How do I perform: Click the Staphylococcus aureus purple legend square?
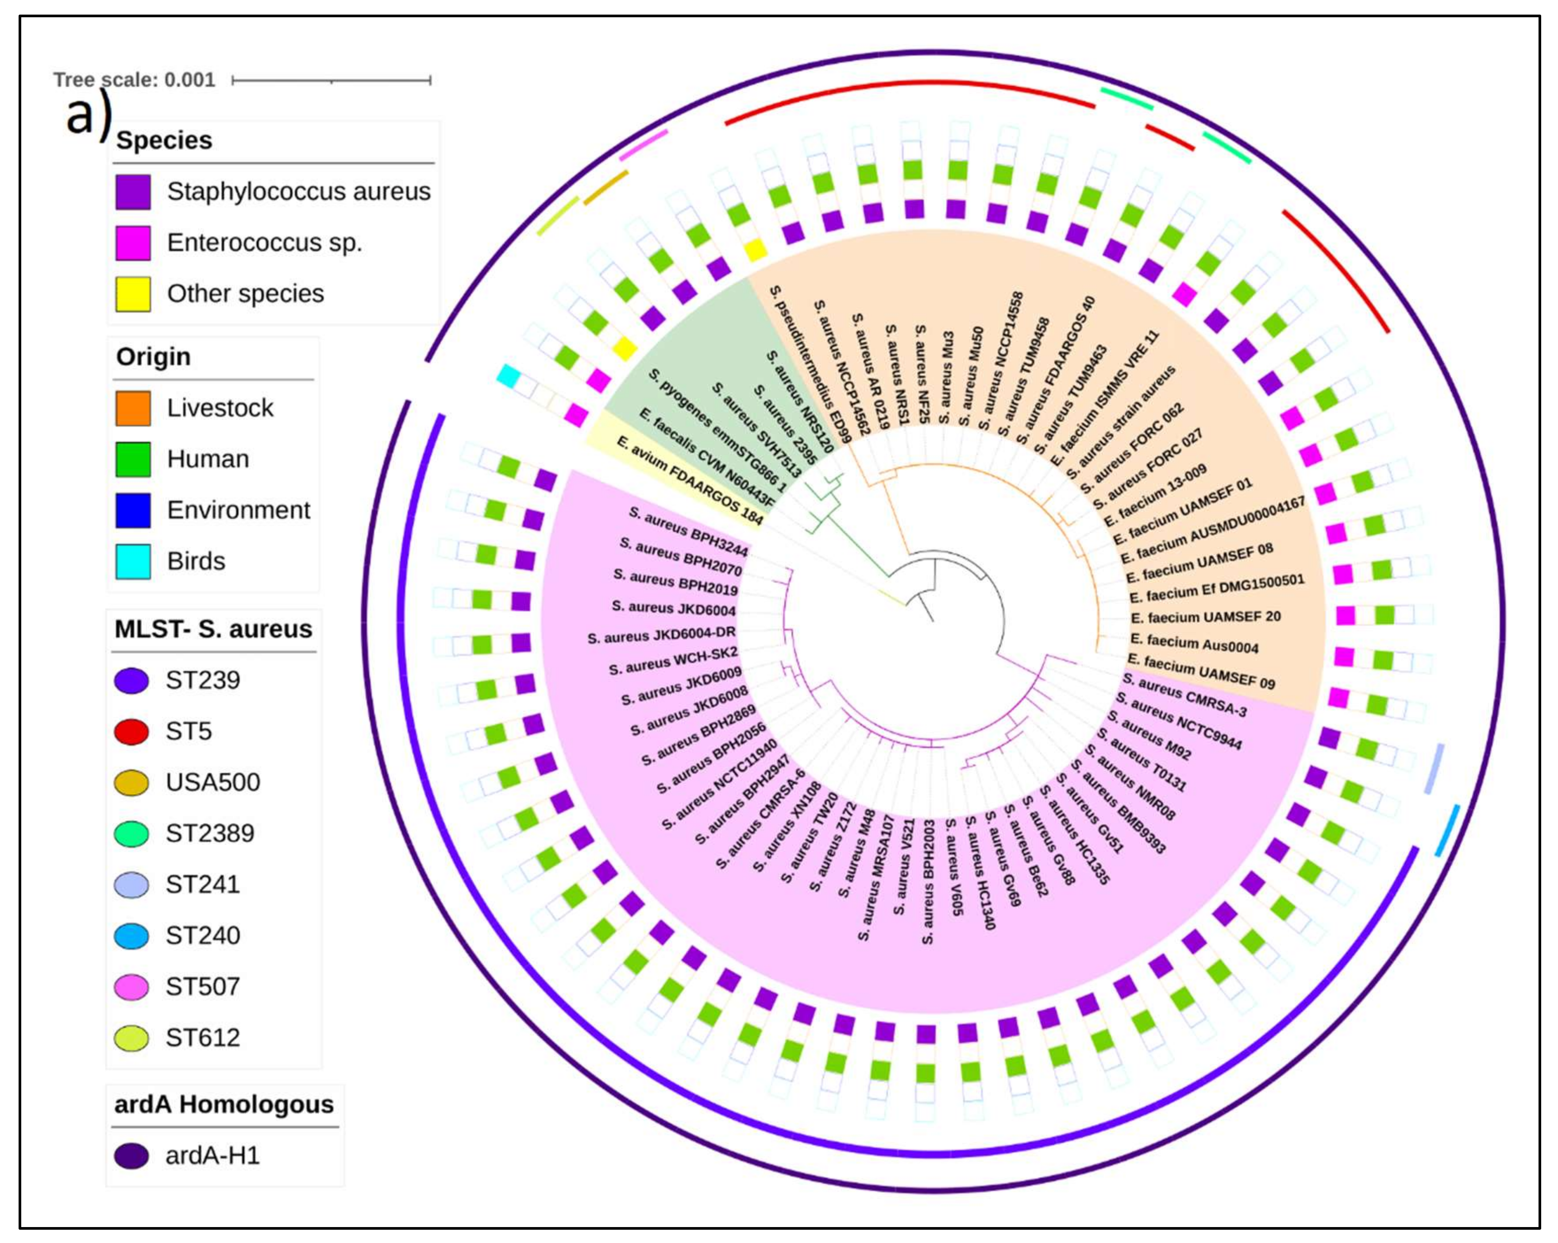click(x=133, y=192)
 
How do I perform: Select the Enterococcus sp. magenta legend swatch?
click(x=133, y=243)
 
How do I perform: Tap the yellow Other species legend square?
click(x=133, y=294)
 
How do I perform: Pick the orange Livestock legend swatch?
click(x=133, y=408)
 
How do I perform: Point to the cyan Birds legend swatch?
click(x=133, y=561)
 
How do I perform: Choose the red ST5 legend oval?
click(x=131, y=731)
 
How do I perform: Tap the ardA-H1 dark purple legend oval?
click(x=131, y=1155)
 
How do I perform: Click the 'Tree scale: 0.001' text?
click(x=135, y=80)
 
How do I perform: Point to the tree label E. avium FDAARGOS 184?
click(x=690, y=481)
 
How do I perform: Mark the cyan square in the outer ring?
click(x=509, y=376)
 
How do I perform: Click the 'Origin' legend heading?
click(x=153, y=357)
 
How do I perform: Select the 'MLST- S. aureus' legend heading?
click(x=213, y=629)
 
